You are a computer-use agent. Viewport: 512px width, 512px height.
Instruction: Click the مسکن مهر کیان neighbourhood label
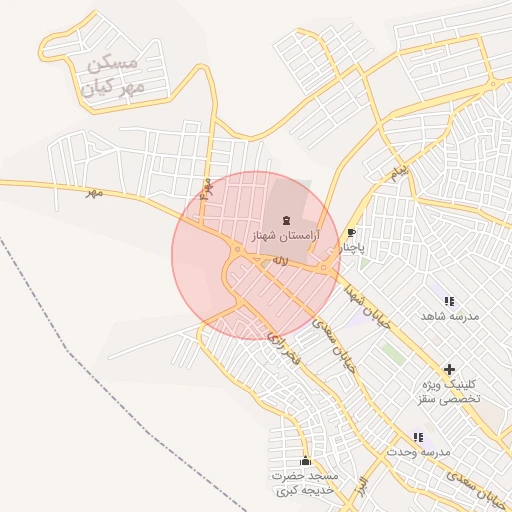116,76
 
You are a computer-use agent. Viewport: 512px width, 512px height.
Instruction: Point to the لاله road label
280,260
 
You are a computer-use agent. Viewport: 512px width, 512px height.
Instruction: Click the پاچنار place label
352,247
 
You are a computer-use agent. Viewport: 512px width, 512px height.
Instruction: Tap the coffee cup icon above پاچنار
351,232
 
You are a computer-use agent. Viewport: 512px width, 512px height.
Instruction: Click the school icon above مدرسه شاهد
449,300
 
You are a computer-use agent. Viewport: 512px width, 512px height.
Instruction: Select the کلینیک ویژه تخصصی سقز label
449,391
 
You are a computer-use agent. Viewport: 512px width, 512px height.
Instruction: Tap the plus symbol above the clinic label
449,369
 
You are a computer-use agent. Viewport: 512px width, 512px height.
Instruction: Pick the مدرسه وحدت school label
418,452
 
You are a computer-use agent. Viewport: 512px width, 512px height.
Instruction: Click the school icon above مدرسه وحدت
418,436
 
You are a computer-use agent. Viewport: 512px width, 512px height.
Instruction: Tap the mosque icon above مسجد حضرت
306,460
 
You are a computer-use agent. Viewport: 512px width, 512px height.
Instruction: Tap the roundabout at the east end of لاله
326,267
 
